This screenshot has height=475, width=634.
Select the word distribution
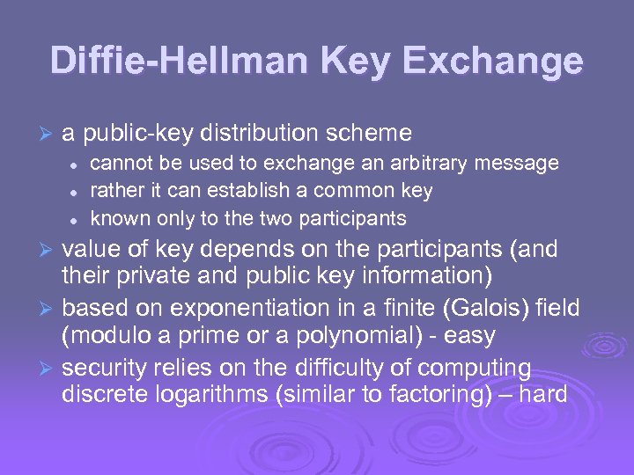259,134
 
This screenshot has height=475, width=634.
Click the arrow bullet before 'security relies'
48,369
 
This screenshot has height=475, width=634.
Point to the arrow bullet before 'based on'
48,309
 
